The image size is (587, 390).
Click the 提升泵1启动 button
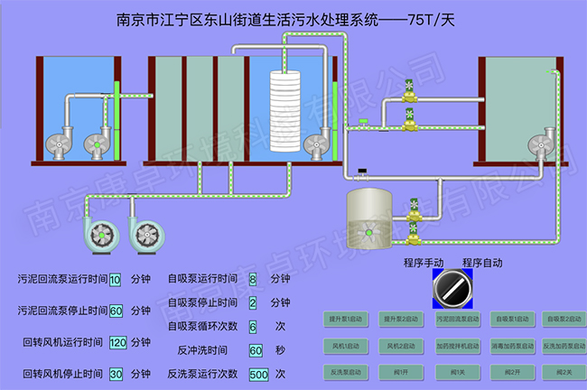pyautogui.click(x=345, y=319)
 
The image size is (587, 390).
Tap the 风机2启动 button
pyautogui.click(x=398, y=346)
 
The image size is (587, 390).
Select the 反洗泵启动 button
pyautogui.click(x=345, y=372)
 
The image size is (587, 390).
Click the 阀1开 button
pyautogui.click(x=398, y=372)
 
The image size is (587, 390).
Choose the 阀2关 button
pyautogui.click(x=564, y=372)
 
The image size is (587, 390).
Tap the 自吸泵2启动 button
pyautogui.click(x=564, y=319)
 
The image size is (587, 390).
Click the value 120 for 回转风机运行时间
pyautogui.click(x=117, y=343)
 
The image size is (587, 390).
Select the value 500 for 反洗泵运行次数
pyautogui.click(x=258, y=374)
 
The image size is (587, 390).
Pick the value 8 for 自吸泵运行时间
pyautogui.click(x=253, y=280)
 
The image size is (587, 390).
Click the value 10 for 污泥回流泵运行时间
pyautogui.click(x=115, y=280)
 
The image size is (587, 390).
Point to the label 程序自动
pyautogui.click(x=482, y=263)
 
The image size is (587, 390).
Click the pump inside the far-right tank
pyautogui.click(x=542, y=144)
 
